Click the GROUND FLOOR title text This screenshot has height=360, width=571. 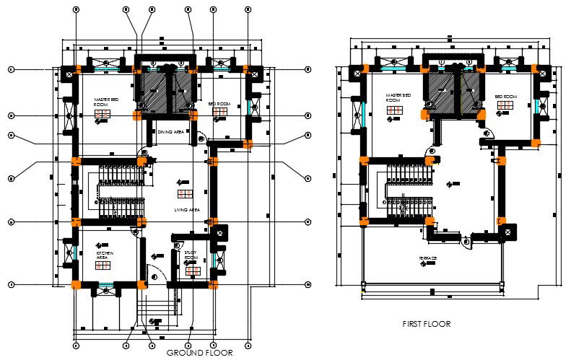(x=199, y=353)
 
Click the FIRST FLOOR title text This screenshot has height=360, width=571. (x=426, y=324)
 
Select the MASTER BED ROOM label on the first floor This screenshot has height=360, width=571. (x=398, y=97)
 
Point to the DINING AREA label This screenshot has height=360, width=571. (x=170, y=132)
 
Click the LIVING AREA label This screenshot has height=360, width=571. (x=186, y=210)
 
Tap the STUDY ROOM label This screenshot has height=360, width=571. (x=191, y=255)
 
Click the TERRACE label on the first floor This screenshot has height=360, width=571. (x=428, y=258)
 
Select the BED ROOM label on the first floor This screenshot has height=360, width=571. (x=506, y=96)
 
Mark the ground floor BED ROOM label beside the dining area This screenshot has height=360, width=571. (x=219, y=105)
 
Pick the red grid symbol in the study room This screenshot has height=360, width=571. (x=193, y=271)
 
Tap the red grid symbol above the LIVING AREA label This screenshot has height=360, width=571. (x=186, y=193)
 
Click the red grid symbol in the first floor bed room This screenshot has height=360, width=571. (x=505, y=106)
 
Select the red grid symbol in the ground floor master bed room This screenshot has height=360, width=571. (x=103, y=114)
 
